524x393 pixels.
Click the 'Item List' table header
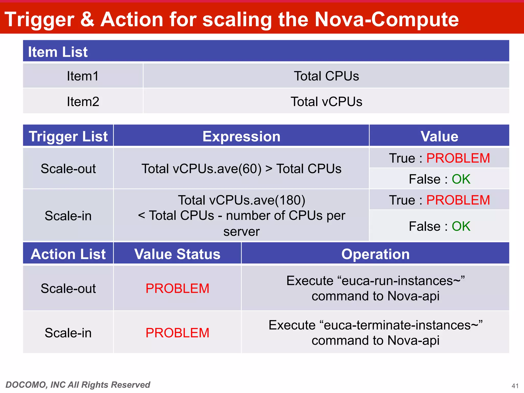(x=58, y=52)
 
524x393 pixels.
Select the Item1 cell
(x=83, y=76)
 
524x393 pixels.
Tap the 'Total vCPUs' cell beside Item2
(x=326, y=102)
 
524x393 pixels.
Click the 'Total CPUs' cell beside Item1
(x=326, y=76)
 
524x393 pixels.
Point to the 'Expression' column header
(x=241, y=136)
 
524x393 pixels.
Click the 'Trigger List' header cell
(x=68, y=136)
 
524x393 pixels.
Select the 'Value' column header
(x=439, y=136)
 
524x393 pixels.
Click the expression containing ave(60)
(x=241, y=169)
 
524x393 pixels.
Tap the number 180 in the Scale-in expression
(x=290, y=200)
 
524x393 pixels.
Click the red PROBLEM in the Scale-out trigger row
(x=458, y=158)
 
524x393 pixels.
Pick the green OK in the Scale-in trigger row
(x=461, y=226)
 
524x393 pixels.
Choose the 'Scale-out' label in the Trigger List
(x=68, y=169)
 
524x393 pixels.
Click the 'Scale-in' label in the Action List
(x=68, y=333)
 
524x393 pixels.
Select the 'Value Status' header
(x=177, y=254)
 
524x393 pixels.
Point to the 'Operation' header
(x=375, y=254)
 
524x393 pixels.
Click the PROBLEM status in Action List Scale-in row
(x=177, y=333)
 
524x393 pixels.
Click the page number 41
(x=515, y=386)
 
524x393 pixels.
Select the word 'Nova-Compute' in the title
(x=386, y=19)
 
